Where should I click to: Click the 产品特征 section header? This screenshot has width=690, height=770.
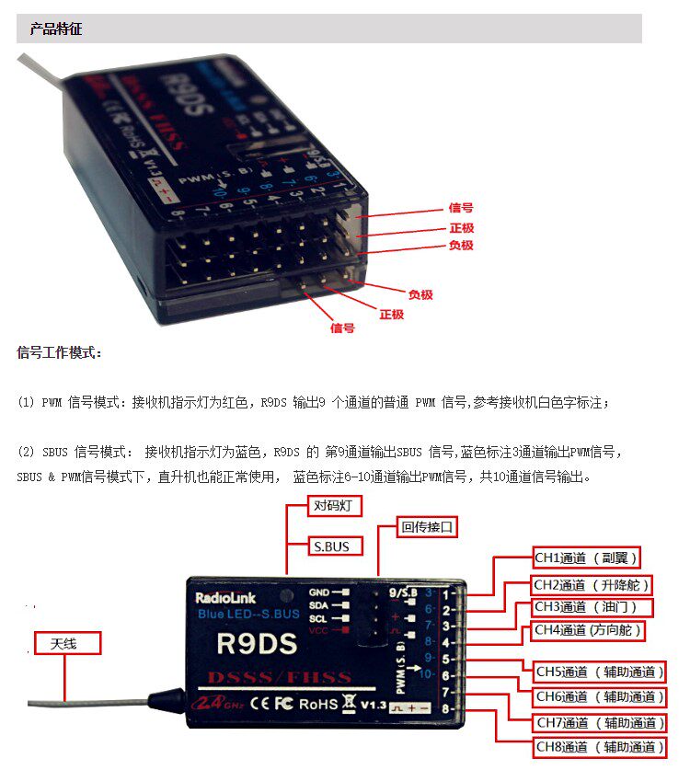[56, 29]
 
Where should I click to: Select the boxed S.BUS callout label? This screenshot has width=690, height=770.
[332, 546]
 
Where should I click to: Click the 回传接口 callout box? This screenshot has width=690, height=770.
[428, 528]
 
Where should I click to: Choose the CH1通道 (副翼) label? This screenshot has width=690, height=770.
[586, 557]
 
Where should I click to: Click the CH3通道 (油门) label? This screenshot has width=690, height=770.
[592, 607]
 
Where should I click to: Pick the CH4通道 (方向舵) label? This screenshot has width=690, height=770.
[588, 631]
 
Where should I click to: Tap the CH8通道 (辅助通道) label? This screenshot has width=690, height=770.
[599, 747]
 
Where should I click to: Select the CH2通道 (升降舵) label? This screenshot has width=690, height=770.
[593, 585]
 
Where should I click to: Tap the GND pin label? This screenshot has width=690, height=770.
[319, 592]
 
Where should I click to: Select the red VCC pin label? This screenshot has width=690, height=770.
[318, 631]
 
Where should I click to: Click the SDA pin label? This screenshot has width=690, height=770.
[319, 604]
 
